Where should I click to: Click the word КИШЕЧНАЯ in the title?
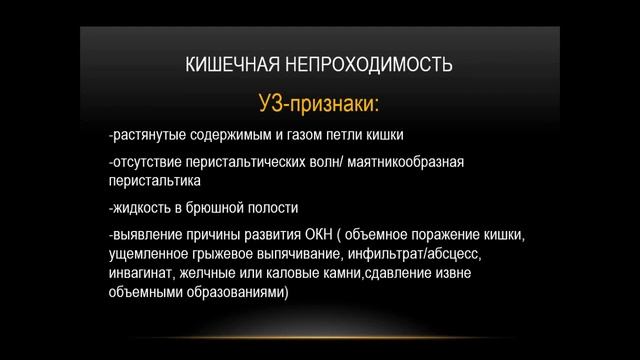click(x=232, y=68)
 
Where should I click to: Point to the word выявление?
click(x=147, y=234)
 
